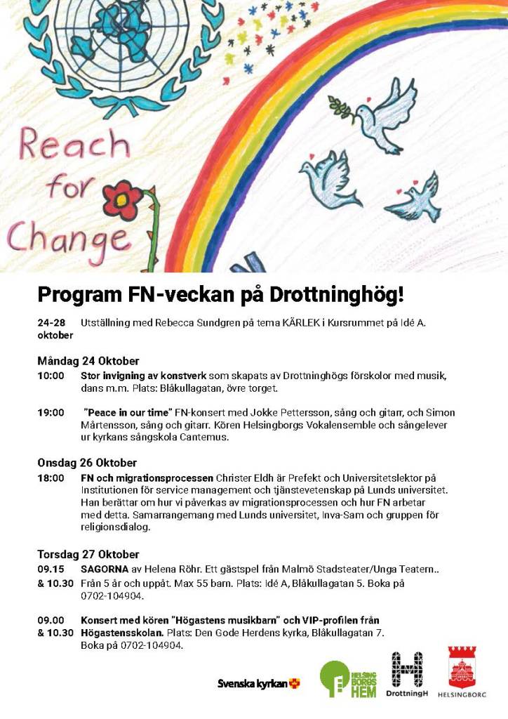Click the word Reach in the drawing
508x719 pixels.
(x=74, y=145)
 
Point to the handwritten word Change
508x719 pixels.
(x=67, y=237)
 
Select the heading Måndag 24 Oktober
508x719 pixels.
(x=88, y=361)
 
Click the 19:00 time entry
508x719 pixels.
(x=51, y=412)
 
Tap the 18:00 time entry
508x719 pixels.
(x=51, y=477)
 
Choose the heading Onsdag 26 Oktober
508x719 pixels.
(x=87, y=463)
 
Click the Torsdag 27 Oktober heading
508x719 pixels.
(x=88, y=554)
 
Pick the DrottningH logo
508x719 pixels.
(x=407, y=675)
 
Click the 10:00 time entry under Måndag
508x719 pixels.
(x=51, y=376)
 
